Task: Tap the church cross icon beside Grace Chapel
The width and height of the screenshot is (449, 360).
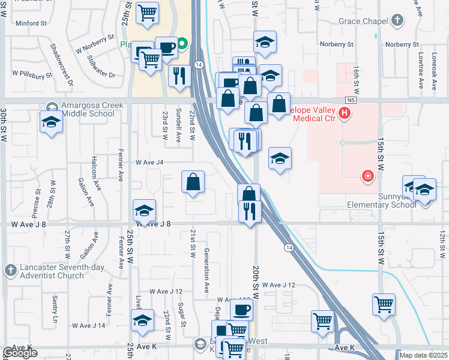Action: click(396, 21)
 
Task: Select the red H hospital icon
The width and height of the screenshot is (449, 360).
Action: click(345, 112)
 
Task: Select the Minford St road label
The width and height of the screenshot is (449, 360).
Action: click(32, 24)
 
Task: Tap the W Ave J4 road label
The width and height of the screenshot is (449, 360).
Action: click(149, 162)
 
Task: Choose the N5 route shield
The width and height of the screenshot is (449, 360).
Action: click(351, 100)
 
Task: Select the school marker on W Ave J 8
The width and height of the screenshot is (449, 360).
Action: click(144, 211)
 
